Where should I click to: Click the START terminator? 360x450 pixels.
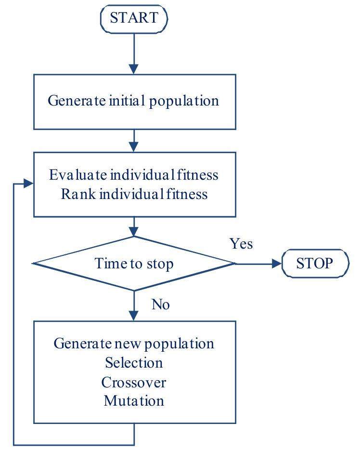(x=133, y=18)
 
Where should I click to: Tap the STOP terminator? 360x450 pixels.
(x=314, y=263)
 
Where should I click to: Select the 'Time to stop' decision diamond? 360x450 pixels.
(x=134, y=263)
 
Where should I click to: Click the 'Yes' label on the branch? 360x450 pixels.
(x=241, y=244)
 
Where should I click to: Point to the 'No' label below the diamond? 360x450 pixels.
(x=160, y=304)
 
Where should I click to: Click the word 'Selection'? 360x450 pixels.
(x=134, y=362)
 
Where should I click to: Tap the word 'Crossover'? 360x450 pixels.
(x=134, y=382)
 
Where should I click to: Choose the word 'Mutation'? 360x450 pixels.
(x=134, y=400)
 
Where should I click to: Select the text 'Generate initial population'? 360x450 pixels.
(x=134, y=101)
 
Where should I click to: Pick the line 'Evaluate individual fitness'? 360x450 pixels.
(x=134, y=174)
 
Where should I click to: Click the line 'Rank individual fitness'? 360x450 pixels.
(x=134, y=194)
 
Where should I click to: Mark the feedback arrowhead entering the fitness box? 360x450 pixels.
(x=28, y=184)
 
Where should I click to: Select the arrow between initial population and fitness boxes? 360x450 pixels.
(x=134, y=141)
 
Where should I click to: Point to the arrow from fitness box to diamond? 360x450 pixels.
(x=134, y=226)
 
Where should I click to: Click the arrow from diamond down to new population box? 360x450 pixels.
(x=134, y=306)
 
